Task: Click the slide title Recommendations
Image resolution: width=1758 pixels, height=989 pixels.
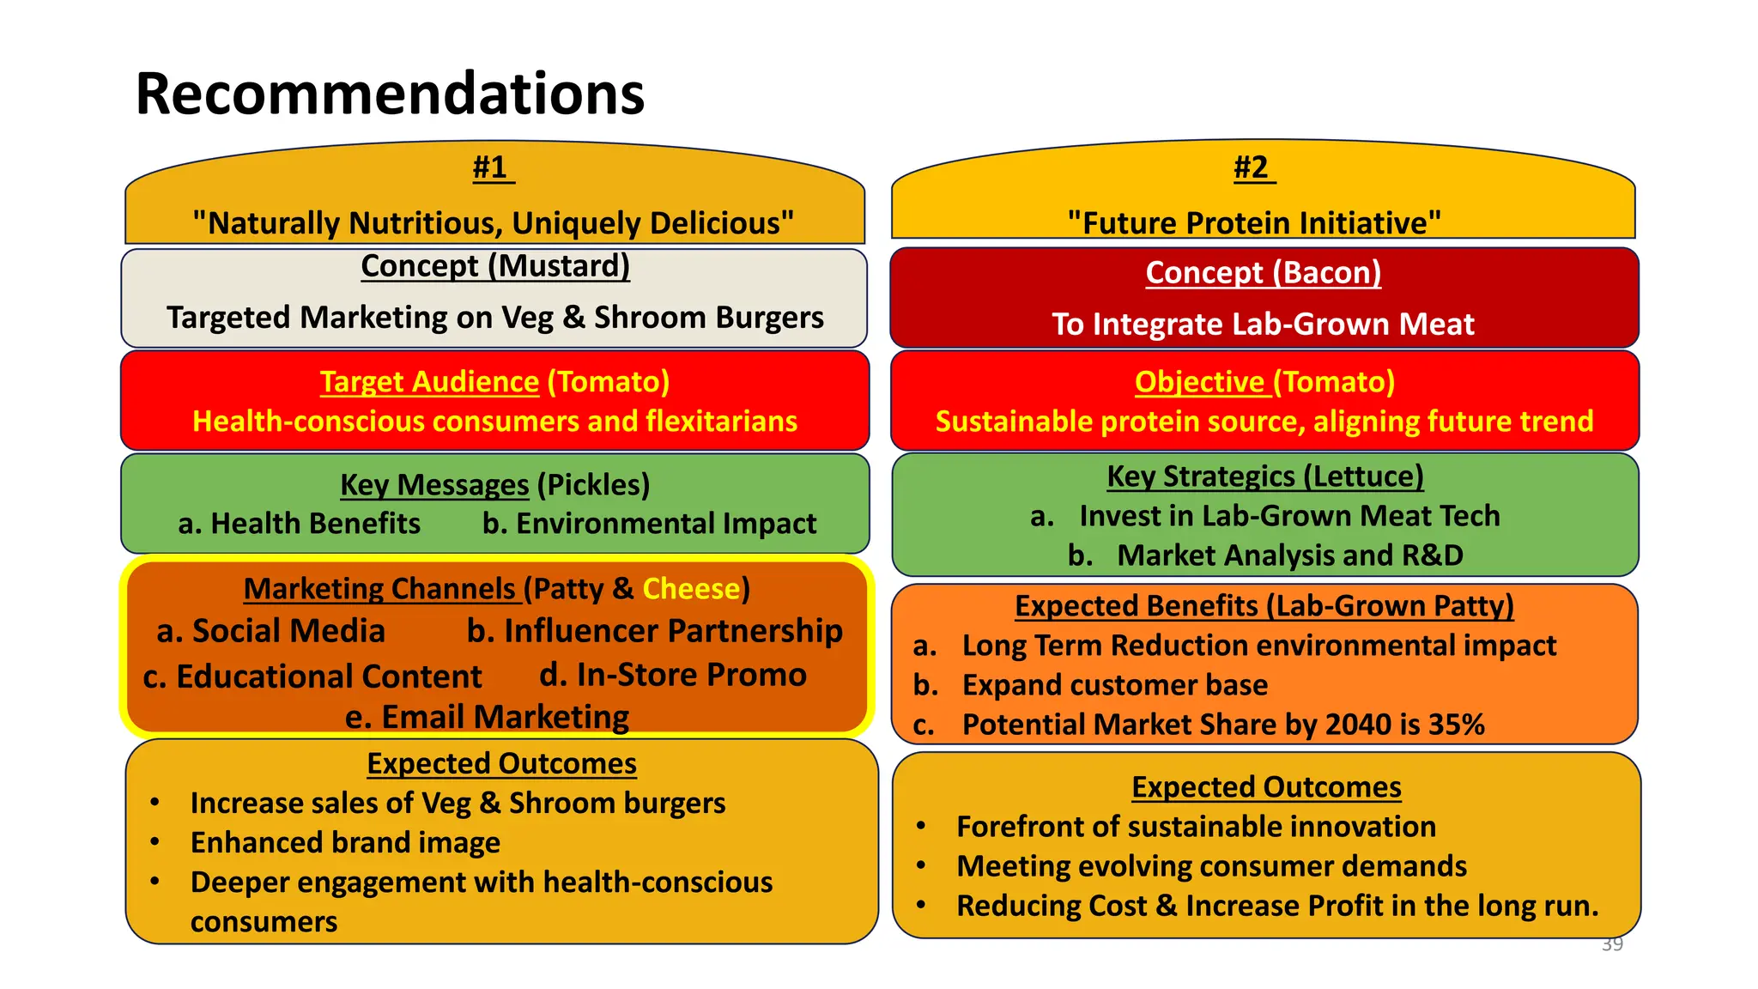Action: [x=390, y=94]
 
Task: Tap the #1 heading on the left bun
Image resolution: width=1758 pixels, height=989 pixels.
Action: [x=492, y=167]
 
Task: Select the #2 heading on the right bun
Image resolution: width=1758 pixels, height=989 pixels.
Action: [x=1252, y=167]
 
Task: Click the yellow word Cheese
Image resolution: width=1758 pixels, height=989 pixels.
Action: [x=691, y=589]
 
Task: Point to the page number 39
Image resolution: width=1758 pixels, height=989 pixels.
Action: [x=1612, y=944]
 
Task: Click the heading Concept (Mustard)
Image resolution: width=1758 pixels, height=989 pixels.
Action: [x=495, y=266]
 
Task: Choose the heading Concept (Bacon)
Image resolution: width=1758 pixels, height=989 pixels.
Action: [x=1263, y=273]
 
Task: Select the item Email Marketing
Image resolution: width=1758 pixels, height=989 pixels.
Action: [x=488, y=717]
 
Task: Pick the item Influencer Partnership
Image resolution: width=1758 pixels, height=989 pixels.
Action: [x=655, y=631]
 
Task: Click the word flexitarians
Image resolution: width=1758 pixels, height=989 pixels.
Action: [x=721, y=422]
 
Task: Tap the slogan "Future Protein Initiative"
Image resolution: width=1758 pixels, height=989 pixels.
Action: [x=1254, y=223]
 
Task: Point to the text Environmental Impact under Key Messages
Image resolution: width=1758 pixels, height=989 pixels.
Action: [x=650, y=524]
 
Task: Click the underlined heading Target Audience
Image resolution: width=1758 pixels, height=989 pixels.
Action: [x=429, y=382]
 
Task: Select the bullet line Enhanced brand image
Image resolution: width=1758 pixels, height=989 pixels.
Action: [x=345, y=843]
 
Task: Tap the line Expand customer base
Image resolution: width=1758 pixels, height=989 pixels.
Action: [x=1114, y=685]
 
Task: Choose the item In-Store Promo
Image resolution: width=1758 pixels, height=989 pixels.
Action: [x=673, y=675]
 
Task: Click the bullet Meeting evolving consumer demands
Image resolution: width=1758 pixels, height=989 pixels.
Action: [x=1211, y=866]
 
